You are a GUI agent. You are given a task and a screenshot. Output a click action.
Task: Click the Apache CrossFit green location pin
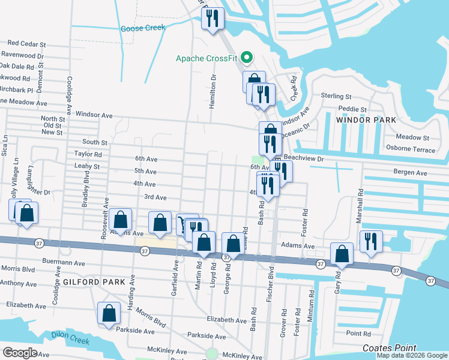point(246,58)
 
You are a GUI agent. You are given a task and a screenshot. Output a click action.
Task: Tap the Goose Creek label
point(143,28)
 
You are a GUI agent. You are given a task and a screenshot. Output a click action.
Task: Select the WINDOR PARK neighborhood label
point(366,120)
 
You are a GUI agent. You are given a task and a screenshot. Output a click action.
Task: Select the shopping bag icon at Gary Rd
point(342,253)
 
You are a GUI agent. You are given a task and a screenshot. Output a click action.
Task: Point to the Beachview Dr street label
point(303,158)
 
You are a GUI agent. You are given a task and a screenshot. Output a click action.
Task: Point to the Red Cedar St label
point(26,44)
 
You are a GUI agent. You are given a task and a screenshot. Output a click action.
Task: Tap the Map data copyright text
point(411,355)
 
